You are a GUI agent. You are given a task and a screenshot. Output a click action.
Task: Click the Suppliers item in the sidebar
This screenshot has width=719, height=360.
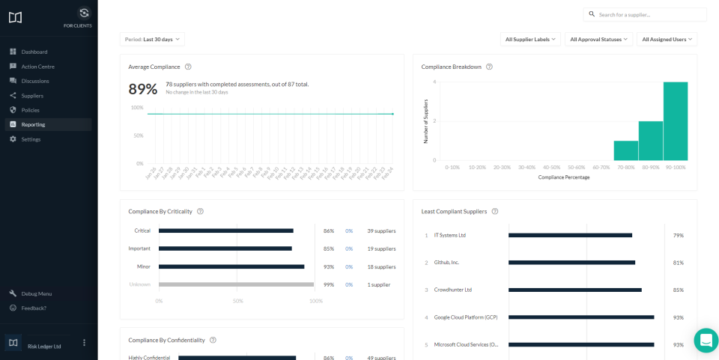click(31, 96)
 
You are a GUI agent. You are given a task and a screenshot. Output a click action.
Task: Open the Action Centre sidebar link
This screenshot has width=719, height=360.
click(37, 67)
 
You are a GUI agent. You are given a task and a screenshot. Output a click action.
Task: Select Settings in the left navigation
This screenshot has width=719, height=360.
click(31, 139)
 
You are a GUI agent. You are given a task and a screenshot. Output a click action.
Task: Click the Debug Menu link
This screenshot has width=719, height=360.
click(36, 293)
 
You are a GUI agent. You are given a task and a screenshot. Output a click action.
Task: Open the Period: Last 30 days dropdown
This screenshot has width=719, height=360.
click(152, 39)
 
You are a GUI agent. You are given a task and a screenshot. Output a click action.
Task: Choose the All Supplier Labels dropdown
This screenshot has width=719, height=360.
click(530, 39)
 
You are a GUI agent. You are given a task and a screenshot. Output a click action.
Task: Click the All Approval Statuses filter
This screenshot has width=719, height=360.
click(599, 39)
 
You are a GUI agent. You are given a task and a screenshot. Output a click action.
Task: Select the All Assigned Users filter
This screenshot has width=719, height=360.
click(667, 39)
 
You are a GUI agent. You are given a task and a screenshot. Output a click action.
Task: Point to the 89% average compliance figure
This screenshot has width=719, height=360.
click(143, 89)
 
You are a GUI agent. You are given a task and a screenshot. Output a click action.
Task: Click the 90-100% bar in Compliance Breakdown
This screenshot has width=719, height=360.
click(675, 121)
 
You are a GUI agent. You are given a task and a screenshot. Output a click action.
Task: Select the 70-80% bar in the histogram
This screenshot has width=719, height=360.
click(625, 150)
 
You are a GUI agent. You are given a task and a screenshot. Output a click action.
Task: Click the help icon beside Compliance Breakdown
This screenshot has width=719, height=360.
click(489, 67)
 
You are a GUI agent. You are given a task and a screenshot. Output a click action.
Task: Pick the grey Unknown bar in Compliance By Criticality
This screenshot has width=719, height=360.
click(236, 284)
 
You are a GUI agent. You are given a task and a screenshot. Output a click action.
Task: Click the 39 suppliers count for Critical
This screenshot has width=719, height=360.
click(381, 231)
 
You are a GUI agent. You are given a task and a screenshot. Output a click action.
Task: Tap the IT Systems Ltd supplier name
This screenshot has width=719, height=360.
click(450, 235)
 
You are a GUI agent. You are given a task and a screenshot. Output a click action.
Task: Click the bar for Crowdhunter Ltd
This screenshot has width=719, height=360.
click(574, 290)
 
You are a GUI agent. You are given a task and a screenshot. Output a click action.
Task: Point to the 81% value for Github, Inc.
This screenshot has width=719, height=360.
click(678, 263)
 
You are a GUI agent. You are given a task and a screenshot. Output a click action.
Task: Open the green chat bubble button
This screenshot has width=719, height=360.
click(706, 340)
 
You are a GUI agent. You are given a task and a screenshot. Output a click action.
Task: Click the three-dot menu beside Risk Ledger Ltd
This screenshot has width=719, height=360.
click(84, 343)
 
